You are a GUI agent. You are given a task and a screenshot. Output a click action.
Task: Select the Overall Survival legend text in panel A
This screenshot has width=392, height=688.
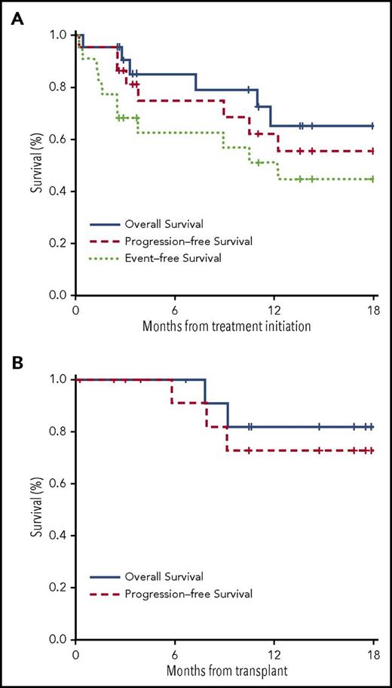pos(155,224)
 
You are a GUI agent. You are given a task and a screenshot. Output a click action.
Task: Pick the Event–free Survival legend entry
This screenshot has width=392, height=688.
pos(161,257)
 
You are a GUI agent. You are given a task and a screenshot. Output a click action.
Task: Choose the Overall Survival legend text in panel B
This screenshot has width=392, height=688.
pos(155,578)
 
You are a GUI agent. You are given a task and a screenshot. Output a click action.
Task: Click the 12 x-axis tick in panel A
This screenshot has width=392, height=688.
pos(274,310)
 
